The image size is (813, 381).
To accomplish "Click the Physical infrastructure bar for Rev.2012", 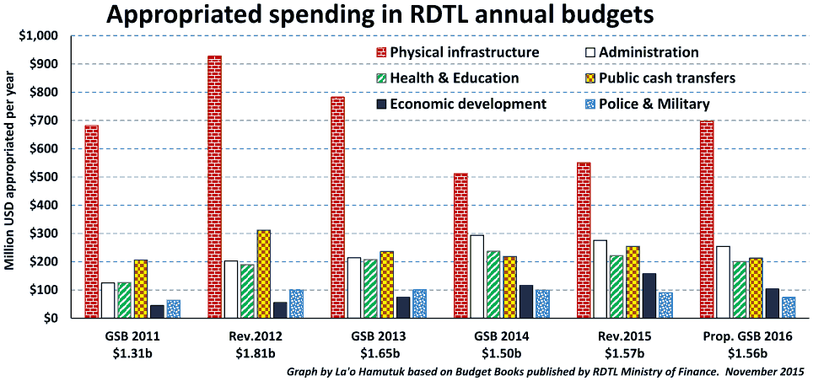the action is [x=215, y=186].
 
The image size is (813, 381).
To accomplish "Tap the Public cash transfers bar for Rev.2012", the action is [x=264, y=274].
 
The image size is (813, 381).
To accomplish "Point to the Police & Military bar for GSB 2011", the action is [x=174, y=309].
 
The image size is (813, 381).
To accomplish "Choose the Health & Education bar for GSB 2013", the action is [x=370, y=289].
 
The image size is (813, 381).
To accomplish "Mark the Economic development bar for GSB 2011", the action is [x=157, y=312].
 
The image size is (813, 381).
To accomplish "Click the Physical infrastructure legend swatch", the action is [x=381, y=52].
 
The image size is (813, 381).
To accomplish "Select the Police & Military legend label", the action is [x=654, y=105].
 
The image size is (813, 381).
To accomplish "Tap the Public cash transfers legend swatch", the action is [x=589, y=78].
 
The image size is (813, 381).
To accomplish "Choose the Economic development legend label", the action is [x=468, y=105].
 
